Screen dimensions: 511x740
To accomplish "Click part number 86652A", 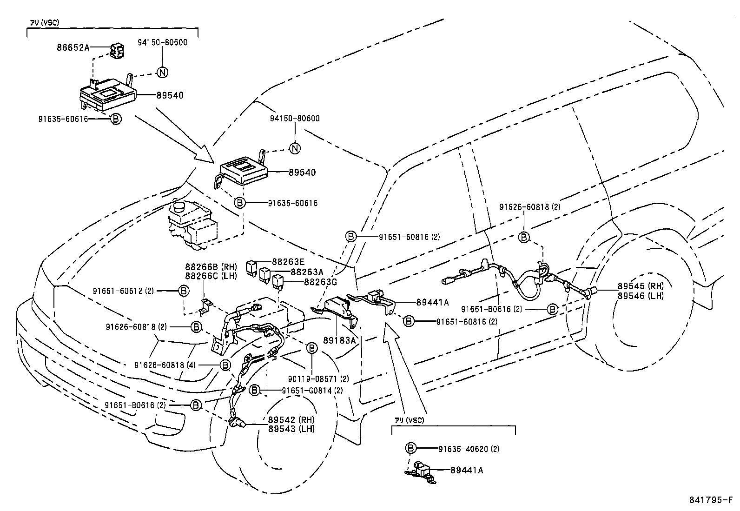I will coord(73,46).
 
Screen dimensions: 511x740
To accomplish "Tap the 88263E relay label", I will coord(288,262).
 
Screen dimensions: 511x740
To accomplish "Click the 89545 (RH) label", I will coord(641,286).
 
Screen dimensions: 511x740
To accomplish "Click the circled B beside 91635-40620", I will coord(410,448).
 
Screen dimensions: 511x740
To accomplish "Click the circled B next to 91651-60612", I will coord(184,291).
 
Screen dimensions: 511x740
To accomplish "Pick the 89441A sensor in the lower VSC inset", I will coord(421,470).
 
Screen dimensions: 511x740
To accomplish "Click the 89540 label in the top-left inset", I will coord(170,96).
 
